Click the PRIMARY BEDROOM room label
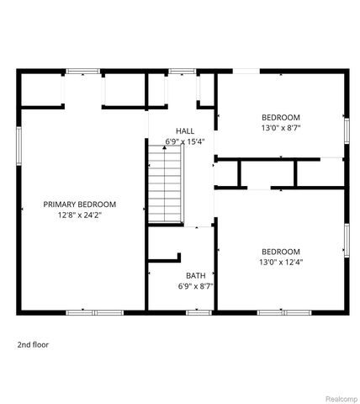point(80,204)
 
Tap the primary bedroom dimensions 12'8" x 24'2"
point(80,215)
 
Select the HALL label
point(185,130)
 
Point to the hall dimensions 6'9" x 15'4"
point(185,141)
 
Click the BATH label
point(195,275)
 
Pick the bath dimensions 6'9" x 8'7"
point(195,286)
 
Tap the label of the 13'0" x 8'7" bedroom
point(280,117)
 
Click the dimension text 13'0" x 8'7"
point(280,128)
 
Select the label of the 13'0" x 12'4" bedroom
point(280,251)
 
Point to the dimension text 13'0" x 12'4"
point(280,262)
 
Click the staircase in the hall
point(166,183)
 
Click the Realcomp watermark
point(339,397)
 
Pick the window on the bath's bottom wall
point(198,312)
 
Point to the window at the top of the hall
point(181,72)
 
